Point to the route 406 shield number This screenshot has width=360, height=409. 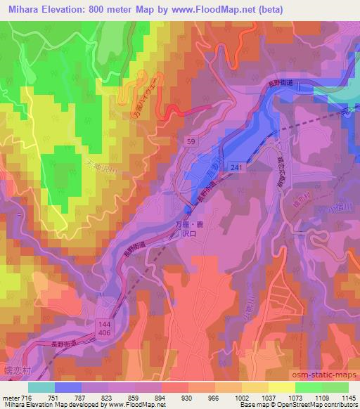[x=105, y=320]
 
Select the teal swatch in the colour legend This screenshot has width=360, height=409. [x=41, y=387]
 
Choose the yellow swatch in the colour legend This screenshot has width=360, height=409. [x=281, y=387]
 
